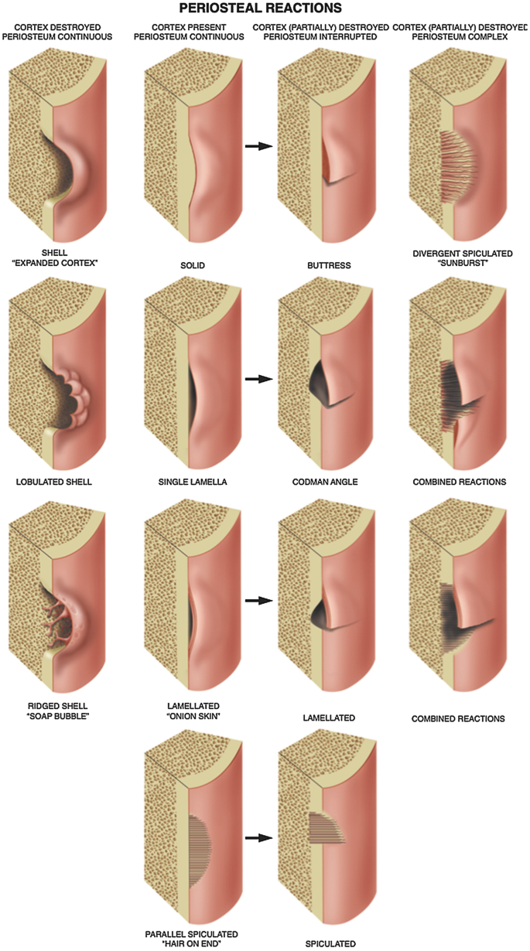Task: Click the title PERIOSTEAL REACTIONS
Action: [265, 9]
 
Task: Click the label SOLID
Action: [190, 265]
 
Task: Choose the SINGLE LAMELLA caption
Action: [189, 482]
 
